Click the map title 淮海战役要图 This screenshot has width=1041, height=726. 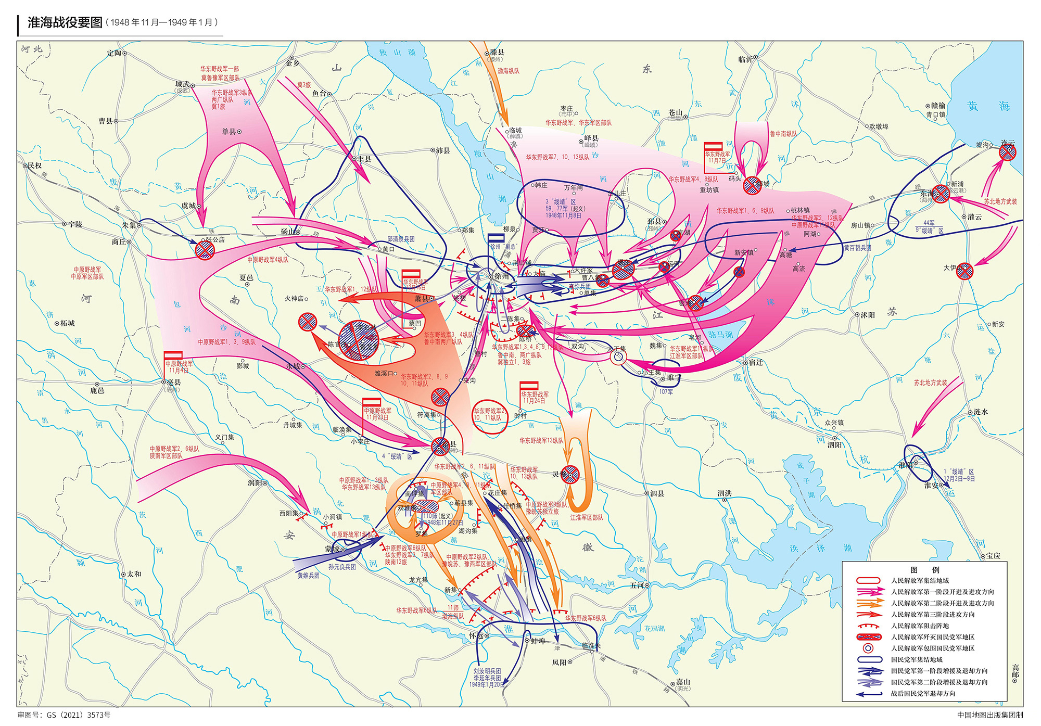(x=65, y=22)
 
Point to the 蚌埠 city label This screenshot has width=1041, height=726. (x=538, y=641)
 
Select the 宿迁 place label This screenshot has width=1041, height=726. (x=756, y=362)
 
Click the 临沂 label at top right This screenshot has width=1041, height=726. (x=745, y=59)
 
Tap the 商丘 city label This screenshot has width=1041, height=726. (x=119, y=241)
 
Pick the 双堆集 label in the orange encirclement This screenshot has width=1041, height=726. (x=406, y=508)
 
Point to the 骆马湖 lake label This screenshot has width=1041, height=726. (x=720, y=335)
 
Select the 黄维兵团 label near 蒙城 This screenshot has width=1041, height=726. (x=308, y=575)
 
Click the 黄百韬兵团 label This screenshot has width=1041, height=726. (x=857, y=248)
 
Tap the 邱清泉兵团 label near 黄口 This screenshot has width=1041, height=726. (x=401, y=239)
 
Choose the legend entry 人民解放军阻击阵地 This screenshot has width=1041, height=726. (x=920, y=626)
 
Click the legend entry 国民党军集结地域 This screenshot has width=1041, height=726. (x=917, y=659)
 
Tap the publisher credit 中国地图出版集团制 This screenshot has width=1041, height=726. (x=989, y=715)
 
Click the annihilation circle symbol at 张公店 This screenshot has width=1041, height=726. (x=205, y=250)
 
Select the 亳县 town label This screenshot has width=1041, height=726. (x=174, y=382)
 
